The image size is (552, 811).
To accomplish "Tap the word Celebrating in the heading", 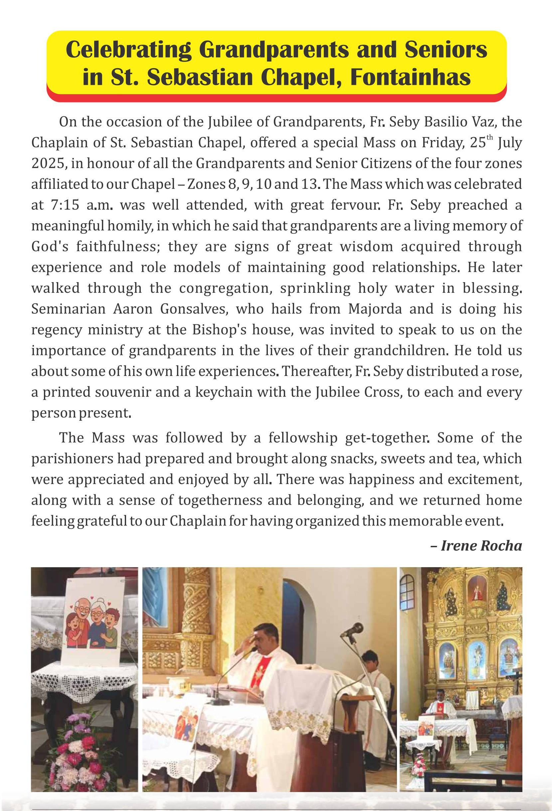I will click(128, 50).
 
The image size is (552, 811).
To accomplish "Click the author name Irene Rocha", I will click(481, 545).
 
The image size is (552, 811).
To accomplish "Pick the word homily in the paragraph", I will click(129, 226).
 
